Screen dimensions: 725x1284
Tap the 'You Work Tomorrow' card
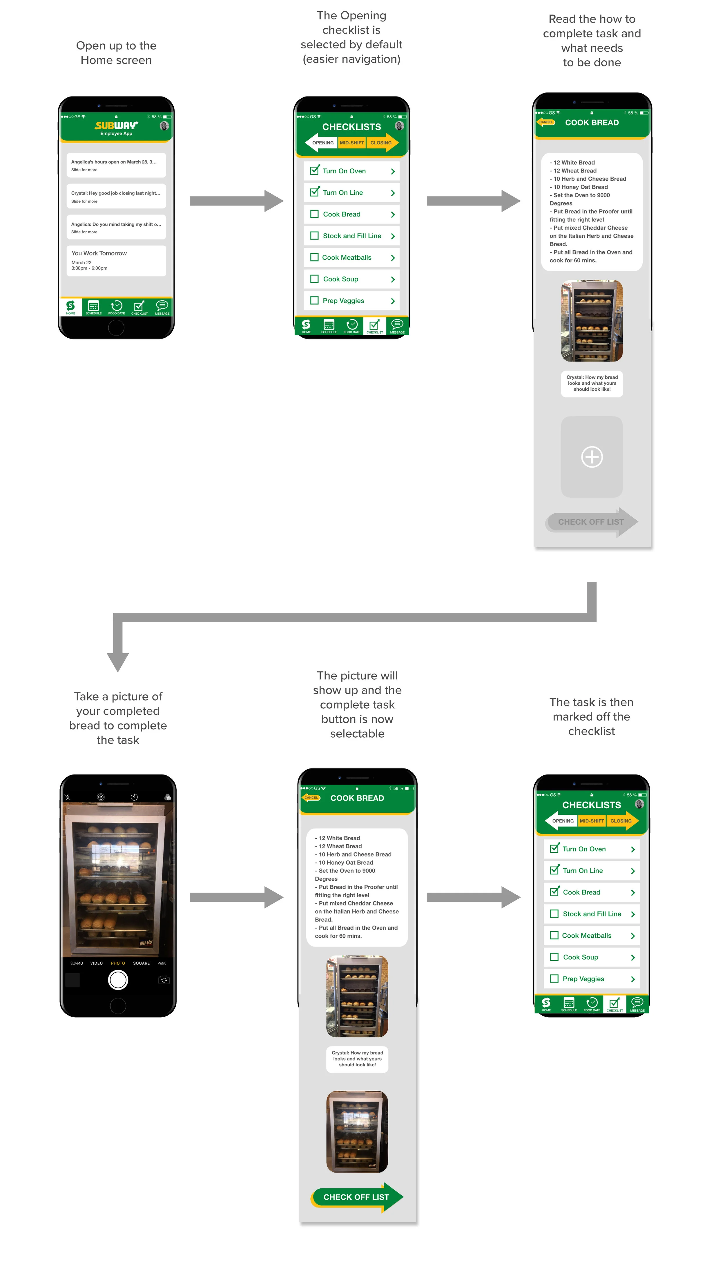coord(116,260)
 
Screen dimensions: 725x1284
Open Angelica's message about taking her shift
coord(116,227)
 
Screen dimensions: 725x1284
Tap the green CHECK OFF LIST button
coord(356,1197)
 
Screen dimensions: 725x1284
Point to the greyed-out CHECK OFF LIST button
coord(591,522)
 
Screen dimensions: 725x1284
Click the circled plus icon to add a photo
coord(592,457)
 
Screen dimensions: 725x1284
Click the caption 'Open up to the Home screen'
coord(116,53)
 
